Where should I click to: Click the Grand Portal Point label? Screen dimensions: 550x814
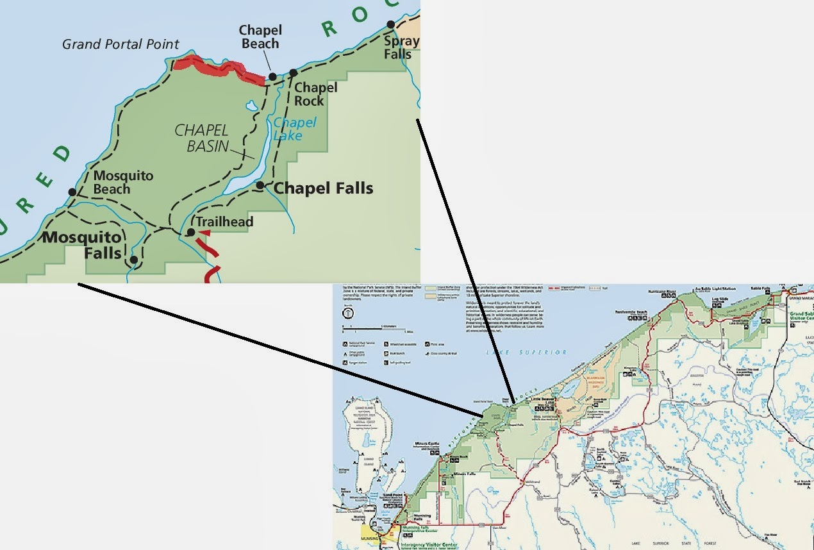coord(120,44)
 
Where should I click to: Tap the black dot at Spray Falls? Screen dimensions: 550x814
coord(390,25)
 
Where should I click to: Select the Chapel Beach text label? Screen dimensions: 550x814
coord(260,37)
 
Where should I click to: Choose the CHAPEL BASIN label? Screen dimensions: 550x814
coord(202,138)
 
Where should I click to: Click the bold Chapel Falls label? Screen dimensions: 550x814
coord(324,188)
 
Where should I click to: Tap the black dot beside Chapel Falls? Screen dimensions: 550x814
coord(260,185)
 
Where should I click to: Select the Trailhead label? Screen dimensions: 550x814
coord(224,222)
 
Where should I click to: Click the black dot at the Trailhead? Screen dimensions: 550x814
coord(190,232)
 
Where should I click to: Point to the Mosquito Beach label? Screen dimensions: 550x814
coord(123,182)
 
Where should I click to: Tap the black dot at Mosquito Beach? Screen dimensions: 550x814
coord(72,192)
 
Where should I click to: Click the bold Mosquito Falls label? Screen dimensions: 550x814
coord(83,246)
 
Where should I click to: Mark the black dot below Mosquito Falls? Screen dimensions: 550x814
coord(133,260)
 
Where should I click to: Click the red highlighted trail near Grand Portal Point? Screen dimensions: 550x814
coord(218,69)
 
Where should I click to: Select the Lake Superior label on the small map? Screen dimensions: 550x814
coord(526,353)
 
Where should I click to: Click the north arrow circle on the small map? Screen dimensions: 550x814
coord(347,313)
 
